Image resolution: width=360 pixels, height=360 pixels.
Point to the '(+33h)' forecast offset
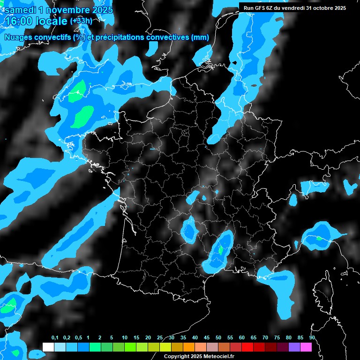(x=81, y=21)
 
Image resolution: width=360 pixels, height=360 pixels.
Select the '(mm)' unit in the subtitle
(x=200, y=37)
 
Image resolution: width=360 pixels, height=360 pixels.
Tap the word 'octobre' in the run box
(x=322, y=8)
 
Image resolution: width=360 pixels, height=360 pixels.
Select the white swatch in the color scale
(x=48, y=347)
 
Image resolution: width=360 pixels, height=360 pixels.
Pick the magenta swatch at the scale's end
(x=306, y=347)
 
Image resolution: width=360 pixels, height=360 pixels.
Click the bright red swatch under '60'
(x=247, y=347)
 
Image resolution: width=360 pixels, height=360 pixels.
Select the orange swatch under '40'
(x=189, y=347)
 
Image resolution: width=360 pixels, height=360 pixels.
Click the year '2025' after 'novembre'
(x=100, y=9)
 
